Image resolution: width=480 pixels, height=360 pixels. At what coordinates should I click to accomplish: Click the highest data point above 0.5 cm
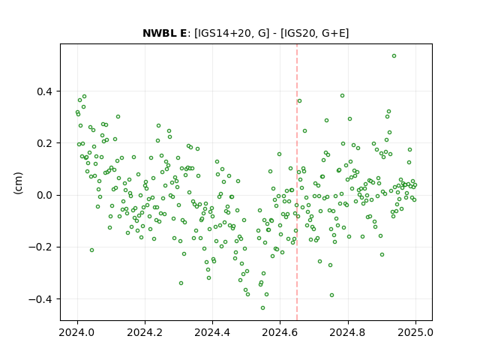tap(394, 56)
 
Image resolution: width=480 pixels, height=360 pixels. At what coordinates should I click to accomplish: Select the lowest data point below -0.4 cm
tap(262, 308)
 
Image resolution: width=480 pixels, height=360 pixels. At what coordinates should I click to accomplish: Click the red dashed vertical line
tap(297, 182)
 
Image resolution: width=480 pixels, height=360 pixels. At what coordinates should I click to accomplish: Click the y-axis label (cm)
tap(18, 183)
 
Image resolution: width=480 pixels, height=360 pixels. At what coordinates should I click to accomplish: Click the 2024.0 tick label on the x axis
tap(77, 332)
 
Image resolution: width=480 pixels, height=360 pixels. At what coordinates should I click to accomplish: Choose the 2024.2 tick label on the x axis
tap(145, 332)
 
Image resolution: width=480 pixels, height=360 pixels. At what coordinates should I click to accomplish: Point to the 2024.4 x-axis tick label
tap(212, 332)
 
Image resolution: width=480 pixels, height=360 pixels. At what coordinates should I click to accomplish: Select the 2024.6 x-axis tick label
tap(280, 332)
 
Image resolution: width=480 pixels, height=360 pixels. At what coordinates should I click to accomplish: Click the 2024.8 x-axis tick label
tap(348, 332)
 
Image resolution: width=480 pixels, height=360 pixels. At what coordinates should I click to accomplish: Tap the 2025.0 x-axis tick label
tap(415, 332)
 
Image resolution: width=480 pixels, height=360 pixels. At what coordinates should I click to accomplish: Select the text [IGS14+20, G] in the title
tap(232, 33)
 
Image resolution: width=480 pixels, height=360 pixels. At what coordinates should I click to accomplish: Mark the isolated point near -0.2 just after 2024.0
tap(91, 250)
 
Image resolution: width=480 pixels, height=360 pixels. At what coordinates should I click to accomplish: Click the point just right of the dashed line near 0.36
tap(299, 101)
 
